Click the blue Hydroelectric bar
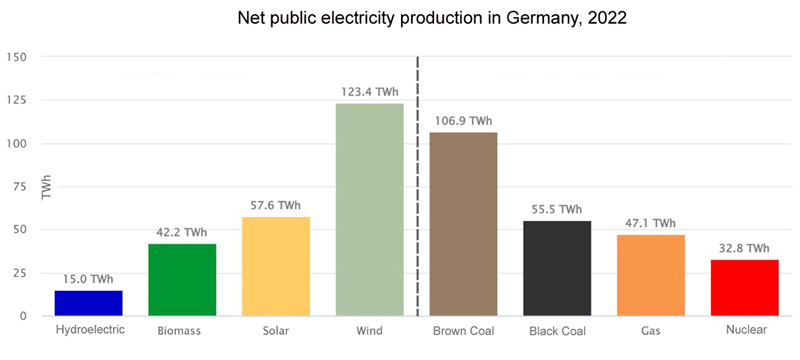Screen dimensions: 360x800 click(x=88, y=302)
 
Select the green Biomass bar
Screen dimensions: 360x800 click(x=182, y=279)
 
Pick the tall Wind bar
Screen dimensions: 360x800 click(x=369, y=209)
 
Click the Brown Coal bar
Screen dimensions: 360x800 click(x=463, y=223)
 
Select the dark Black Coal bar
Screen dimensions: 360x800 click(x=557, y=267)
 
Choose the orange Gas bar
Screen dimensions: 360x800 click(x=651, y=275)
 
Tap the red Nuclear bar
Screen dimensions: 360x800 click(x=744, y=287)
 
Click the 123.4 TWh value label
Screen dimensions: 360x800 click(x=369, y=92)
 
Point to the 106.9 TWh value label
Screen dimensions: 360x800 click(x=463, y=121)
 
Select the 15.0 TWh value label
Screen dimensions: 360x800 click(x=88, y=279)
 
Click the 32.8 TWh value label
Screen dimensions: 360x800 click(x=744, y=248)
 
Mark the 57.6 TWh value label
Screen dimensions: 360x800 click(x=276, y=206)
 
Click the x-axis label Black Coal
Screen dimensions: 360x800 click(x=557, y=329)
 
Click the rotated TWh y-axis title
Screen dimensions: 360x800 click(x=46, y=187)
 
